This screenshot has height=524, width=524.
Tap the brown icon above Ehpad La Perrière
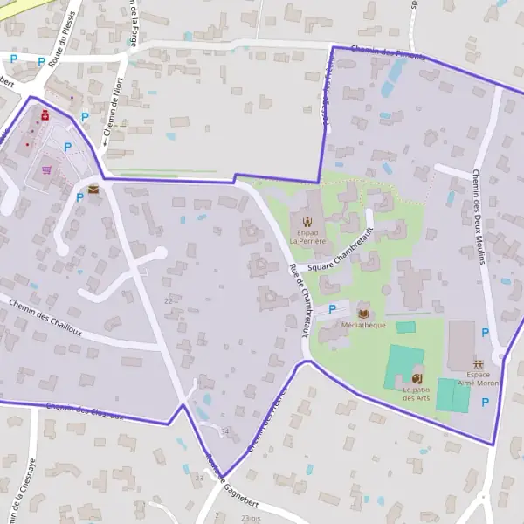[307, 220]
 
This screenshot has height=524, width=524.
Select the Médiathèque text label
[363, 325]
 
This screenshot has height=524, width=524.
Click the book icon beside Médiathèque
[363, 313]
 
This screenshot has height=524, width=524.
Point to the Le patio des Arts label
[417, 394]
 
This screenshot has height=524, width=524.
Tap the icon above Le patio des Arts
[416, 377]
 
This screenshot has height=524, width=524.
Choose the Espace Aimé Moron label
[478, 378]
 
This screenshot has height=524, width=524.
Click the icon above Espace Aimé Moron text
[478, 362]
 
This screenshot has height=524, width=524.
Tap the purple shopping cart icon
[45, 170]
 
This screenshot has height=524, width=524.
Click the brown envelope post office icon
[93, 188]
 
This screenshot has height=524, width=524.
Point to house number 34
[224, 431]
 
